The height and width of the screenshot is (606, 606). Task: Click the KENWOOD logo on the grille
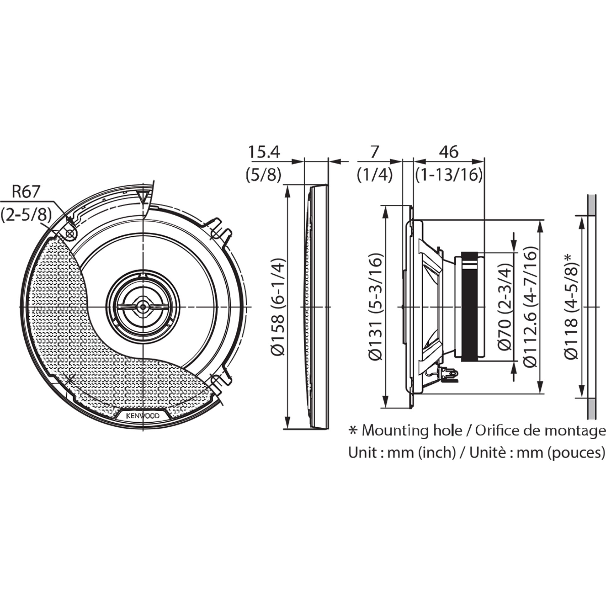143,416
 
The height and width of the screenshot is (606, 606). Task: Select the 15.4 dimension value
264,152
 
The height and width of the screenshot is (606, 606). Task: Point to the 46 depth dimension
449,152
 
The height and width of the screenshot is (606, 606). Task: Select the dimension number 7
374,152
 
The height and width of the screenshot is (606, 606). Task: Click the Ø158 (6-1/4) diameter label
279,306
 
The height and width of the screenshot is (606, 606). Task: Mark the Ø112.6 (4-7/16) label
530,306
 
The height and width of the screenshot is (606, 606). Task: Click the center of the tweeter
143,306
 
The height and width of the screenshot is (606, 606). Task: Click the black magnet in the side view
469,306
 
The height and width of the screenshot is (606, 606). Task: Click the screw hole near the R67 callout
70,234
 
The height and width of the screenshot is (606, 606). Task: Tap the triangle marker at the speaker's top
143,196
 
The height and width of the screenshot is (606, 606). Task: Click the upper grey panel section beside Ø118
591,205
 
